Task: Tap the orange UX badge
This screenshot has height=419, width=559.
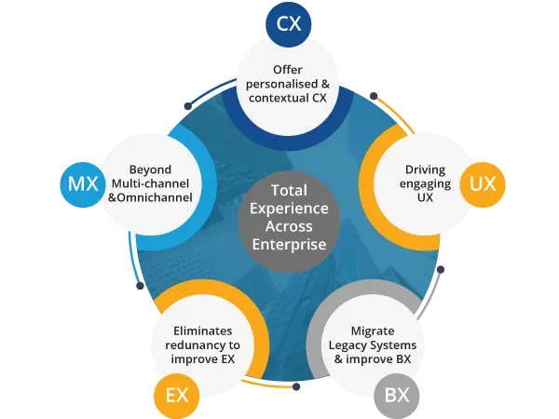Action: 483,182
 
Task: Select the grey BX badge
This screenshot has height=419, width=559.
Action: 397,395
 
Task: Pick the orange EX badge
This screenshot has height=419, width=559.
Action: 177,395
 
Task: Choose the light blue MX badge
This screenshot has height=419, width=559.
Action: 82,182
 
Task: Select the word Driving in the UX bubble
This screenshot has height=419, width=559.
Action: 426,170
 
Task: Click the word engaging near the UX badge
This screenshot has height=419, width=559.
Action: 426,185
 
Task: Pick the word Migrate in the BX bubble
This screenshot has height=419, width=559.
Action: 374,331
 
